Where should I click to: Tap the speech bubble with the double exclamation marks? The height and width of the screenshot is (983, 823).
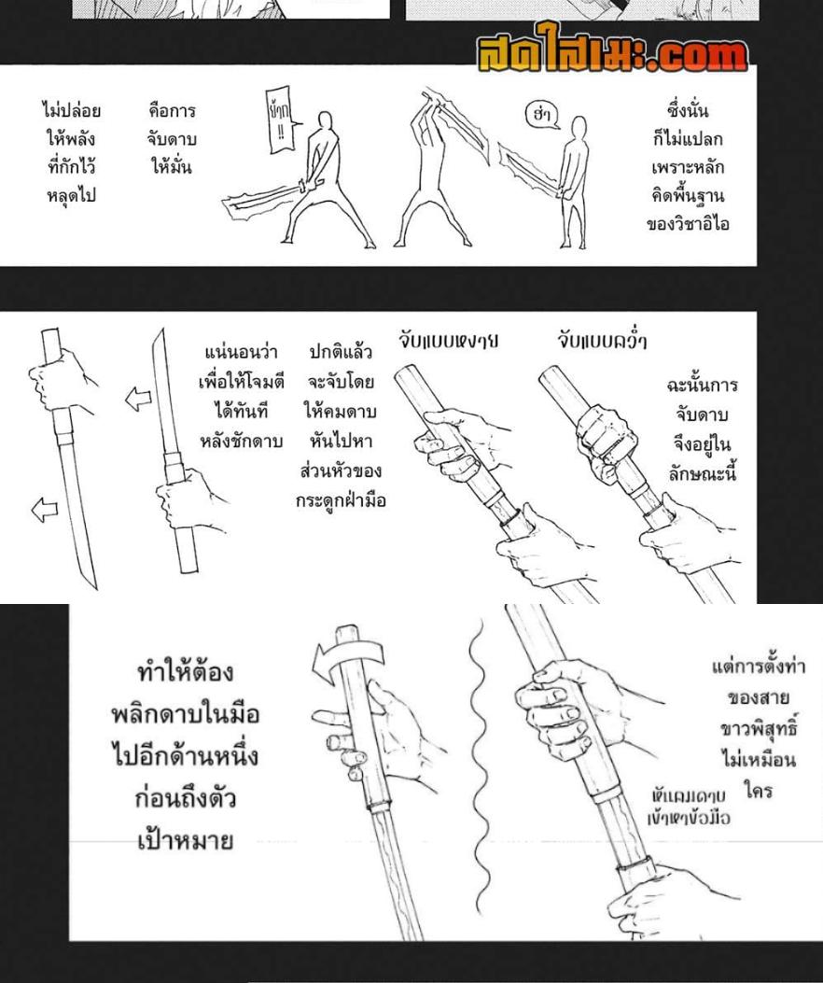(278, 126)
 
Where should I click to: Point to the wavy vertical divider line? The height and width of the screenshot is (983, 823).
(482, 765)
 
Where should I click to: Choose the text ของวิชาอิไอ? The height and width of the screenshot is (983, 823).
(688, 224)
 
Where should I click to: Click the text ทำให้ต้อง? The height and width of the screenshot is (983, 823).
(184, 672)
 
